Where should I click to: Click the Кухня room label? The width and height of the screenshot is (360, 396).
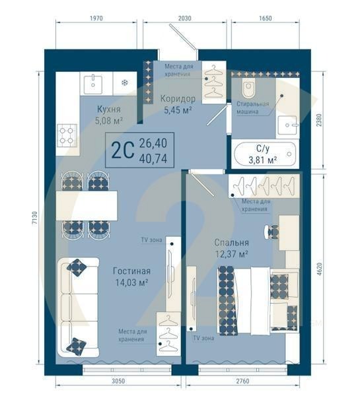108,110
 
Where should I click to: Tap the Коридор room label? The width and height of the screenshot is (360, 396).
177,98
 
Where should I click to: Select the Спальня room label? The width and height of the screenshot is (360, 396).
231,242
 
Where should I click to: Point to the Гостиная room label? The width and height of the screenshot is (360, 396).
131,271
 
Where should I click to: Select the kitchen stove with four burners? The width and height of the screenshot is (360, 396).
67,135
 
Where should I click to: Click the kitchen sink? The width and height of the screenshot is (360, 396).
93,82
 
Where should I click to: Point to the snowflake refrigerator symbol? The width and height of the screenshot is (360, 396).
124,83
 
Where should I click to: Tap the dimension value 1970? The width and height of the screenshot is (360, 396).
96,18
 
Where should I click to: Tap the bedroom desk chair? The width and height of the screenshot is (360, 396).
272,232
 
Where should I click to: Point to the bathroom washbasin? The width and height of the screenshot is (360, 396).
287,123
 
